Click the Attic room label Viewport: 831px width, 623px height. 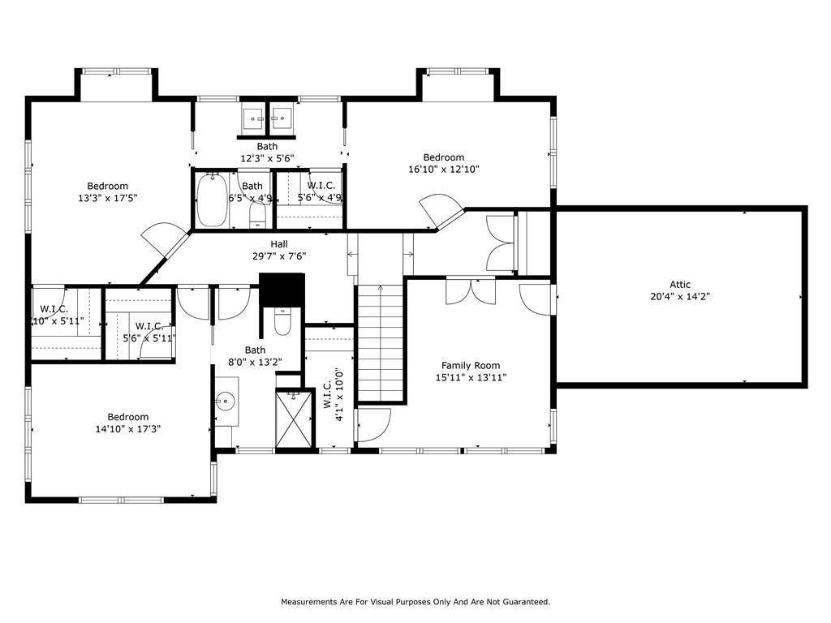(x=680, y=285)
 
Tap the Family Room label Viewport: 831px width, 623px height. (x=471, y=366)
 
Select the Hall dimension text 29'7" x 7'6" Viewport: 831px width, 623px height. (x=279, y=256)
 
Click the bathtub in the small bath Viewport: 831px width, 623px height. (x=213, y=200)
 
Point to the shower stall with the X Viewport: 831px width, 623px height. (x=295, y=418)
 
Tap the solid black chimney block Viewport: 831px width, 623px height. (x=282, y=290)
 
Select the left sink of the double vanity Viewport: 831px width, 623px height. (x=254, y=118)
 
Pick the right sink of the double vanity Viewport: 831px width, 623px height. (x=282, y=118)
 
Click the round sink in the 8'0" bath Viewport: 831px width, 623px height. (x=226, y=401)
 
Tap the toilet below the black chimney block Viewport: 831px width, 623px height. (x=282, y=321)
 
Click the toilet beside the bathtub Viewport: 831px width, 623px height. (x=257, y=216)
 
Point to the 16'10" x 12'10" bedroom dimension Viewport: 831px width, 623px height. (x=444, y=170)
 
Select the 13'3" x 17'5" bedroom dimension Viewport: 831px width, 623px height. (x=108, y=198)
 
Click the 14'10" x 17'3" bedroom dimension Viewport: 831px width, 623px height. (x=127, y=429)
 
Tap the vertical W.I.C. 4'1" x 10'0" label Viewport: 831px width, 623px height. (x=334, y=395)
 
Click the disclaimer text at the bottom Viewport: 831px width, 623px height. (x=415, y=602)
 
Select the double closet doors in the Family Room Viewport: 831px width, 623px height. (x=471, y=291)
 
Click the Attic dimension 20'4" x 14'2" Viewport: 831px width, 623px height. (x=680, y=297)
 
